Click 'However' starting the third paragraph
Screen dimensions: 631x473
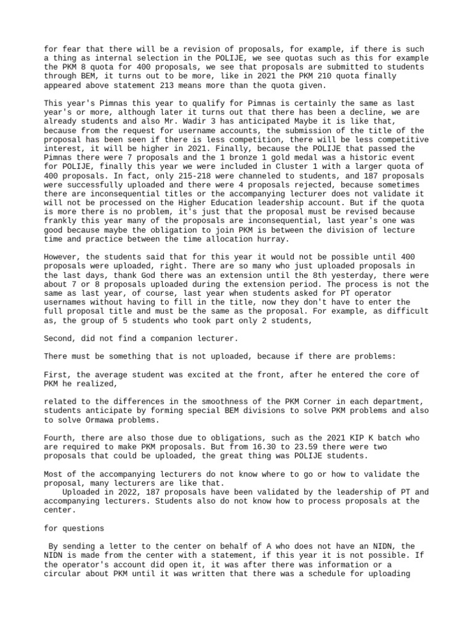tap(63, 257)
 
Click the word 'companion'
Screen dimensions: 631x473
tap(158, 338)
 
